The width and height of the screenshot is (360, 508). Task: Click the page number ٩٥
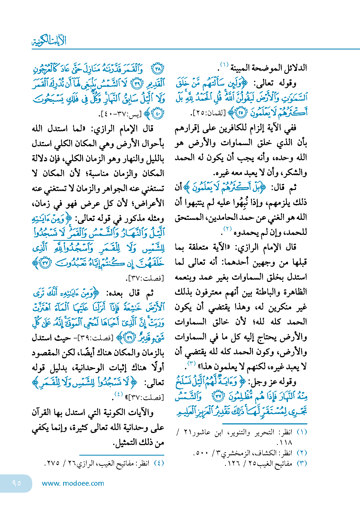16,483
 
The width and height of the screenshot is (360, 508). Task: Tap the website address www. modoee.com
73,483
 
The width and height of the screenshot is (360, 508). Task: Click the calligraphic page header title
49,41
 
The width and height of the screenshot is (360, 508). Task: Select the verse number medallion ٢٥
241,113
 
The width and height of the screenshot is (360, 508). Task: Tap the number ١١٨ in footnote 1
286,442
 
